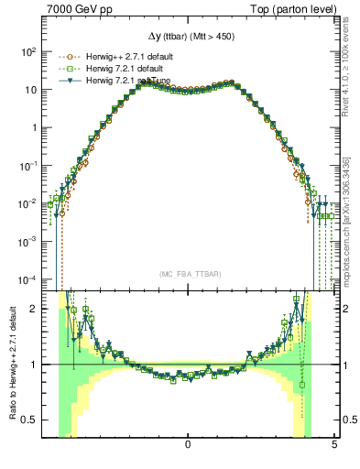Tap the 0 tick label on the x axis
coord(188,444)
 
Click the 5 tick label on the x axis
coord(333,444)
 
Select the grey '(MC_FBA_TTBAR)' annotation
coord(188,275)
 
